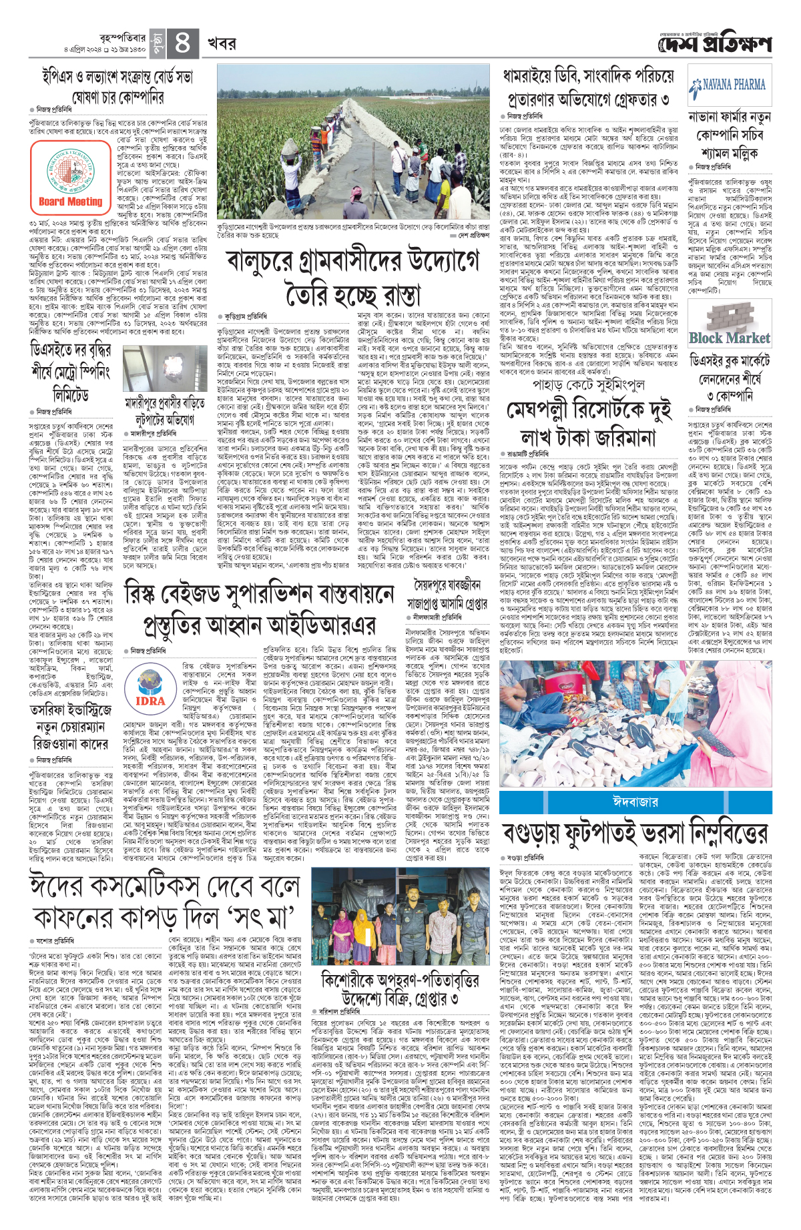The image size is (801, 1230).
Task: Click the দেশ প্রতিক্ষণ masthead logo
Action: point(714,44)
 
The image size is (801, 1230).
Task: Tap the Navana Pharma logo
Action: point(728,85)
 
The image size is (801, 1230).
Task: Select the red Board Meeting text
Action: point(70,201)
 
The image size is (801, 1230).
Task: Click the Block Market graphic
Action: point(729,338)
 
